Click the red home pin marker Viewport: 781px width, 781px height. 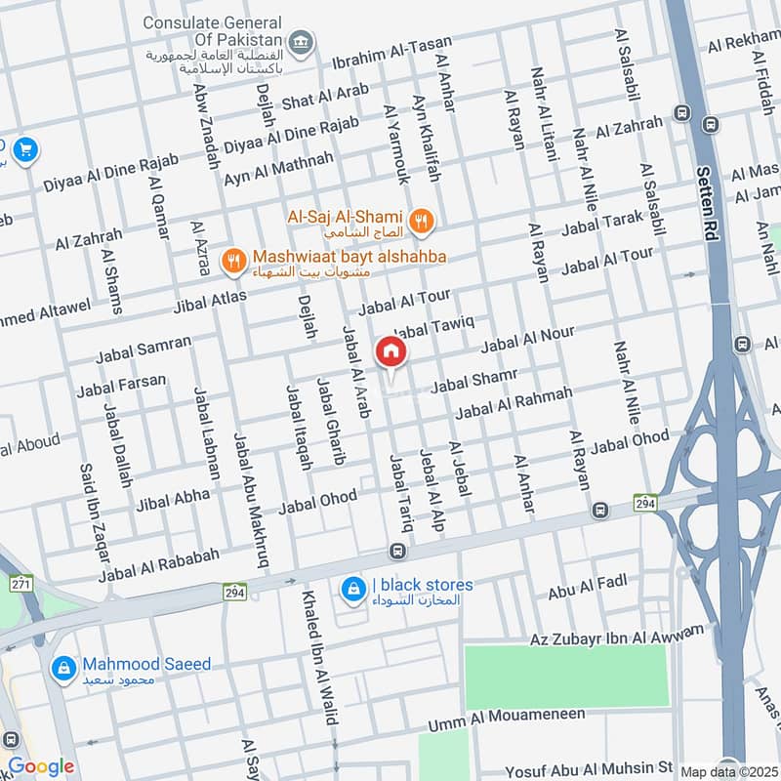(x=390, y=352)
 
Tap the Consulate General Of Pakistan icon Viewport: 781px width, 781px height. (x=303, y=41)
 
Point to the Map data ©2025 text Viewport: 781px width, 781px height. (x=729, y=771)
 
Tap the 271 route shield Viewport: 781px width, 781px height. (x=21, y=583)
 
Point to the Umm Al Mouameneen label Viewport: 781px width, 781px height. (x=507, y=720)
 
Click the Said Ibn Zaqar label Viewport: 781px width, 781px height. (x=96, y=512)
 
